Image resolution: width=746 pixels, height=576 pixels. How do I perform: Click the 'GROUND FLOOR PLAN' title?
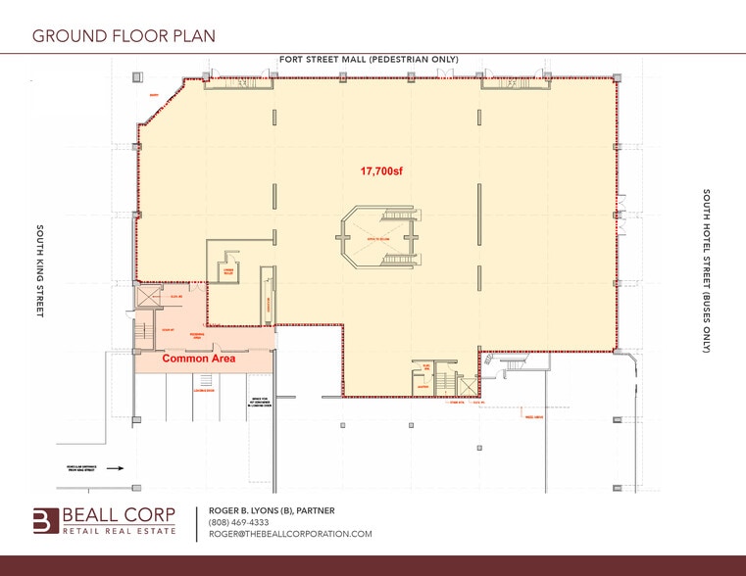pyautogui.click(x=124, y=36)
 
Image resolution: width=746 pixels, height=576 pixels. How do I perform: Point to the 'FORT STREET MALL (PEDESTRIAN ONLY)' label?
pyautogui.click(x=369, y=60)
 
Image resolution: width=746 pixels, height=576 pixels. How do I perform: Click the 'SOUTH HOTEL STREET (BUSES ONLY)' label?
pyautogui.click(x=705, y=270)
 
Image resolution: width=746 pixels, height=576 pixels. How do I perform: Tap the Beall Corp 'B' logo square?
pyautogui.click(x=46, y=520)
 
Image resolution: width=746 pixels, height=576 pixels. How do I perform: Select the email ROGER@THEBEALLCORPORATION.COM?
pyautogui.click(x=290, y=534)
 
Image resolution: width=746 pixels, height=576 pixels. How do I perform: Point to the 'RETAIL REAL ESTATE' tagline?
pyautogui.click(x=120, y=530)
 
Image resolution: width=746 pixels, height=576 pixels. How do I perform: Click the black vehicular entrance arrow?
pyautogui.click(x=114, y=467)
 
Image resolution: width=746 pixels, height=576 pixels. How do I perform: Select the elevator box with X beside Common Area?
pyautogui.click(x=150, y=294)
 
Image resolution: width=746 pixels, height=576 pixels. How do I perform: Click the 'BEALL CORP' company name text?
pyautogui.click(x=120, y=514)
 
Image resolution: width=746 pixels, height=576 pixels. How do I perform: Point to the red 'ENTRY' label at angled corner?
pyautogui.click(x=153, y=95)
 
